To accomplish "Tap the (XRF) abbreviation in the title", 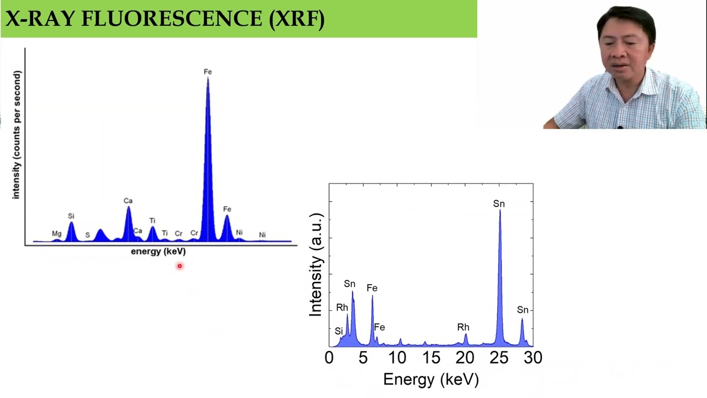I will point(297,19).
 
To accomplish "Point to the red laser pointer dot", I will point(180,266).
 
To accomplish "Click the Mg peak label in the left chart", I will point(56,234).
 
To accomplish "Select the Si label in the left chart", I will point(71,216).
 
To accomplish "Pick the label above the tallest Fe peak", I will point(208,72).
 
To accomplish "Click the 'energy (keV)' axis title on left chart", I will point(158,252).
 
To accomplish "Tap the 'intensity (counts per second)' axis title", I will point(16,135).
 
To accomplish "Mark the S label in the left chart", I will point(87,235).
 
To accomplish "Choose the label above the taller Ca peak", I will point(128,201).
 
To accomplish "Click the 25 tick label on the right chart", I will point(499,358).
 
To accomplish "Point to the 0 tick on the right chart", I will point(329,358).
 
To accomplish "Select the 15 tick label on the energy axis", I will point(431,358).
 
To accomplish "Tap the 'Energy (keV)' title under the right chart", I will point(431,379).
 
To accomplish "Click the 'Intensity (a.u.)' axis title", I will point(315,264).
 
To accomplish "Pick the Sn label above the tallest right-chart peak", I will point(499,205).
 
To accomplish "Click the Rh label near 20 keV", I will point(463,328).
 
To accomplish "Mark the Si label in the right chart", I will point(339,331).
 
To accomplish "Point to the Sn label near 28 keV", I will point(523,310).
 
